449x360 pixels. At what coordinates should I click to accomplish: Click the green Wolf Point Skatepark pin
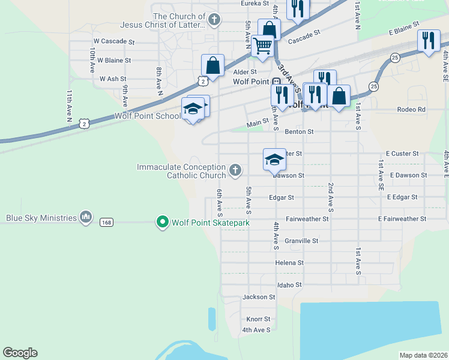tap(162, 223)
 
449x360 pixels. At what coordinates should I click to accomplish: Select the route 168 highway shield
tap(106, 223)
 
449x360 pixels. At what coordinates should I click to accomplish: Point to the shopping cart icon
tap(262, 44)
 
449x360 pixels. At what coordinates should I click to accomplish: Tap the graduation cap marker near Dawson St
tap(274, 160)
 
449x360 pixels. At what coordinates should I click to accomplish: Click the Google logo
tap(20, 353)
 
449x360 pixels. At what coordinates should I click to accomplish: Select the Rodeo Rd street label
tap(411, 109)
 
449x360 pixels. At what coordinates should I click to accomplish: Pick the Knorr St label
tap(258, 319)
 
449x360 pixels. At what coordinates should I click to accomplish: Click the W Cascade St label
tap(113, 41)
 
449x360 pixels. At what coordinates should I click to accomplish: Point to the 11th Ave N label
tap(69, 108)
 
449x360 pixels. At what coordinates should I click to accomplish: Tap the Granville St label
tap(301, 241)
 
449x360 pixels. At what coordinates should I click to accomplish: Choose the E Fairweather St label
tap(402, 219)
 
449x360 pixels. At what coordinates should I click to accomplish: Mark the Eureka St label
tap(255, 4)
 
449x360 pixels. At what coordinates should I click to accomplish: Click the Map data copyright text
tap(423, 355)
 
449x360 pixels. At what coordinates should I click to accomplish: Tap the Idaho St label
tap(289, 284)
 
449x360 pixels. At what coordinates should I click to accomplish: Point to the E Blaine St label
tap(403, 29)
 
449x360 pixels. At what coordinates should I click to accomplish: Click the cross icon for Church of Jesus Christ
tap(212, 20)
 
